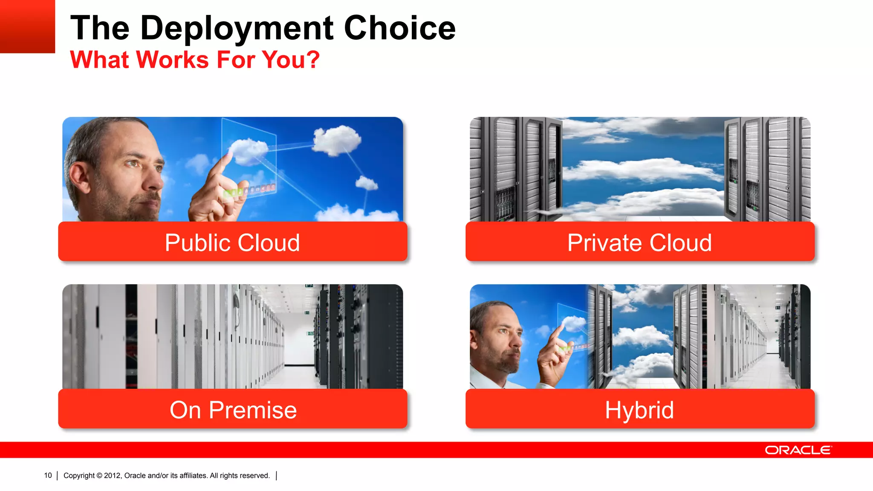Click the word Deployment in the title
tap(237, 28)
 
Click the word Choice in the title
tap(399, 28)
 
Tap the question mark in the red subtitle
tap(312, 60)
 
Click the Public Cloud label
tap(232, 243)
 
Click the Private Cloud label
tap(639, 243)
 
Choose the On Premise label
tap(233, 410)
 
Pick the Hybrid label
tap(639, 410)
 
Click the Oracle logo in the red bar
tap(798, 450)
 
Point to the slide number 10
tap(48, 476)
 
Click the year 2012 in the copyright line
tap(112, 476)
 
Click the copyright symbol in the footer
tap(99, 476)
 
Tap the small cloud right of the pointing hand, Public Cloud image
tap(367, 183)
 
